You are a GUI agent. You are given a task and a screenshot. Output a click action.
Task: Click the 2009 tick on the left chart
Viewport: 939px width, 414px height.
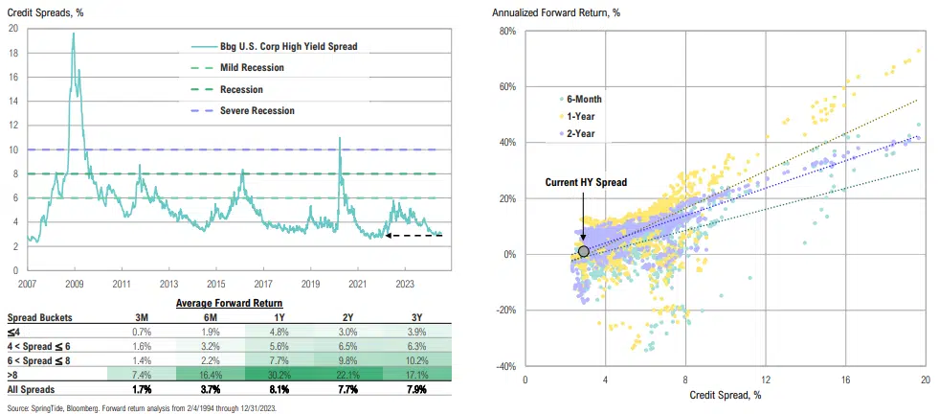click(74, 284)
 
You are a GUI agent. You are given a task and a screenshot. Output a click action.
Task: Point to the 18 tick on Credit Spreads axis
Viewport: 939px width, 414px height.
click(13, 53)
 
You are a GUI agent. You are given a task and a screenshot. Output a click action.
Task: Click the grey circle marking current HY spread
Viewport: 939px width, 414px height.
click(584, 251)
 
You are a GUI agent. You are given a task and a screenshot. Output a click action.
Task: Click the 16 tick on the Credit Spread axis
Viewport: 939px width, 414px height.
click(845, 379)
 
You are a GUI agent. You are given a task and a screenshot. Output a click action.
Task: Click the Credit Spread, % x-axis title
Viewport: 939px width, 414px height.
click(725, 394)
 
